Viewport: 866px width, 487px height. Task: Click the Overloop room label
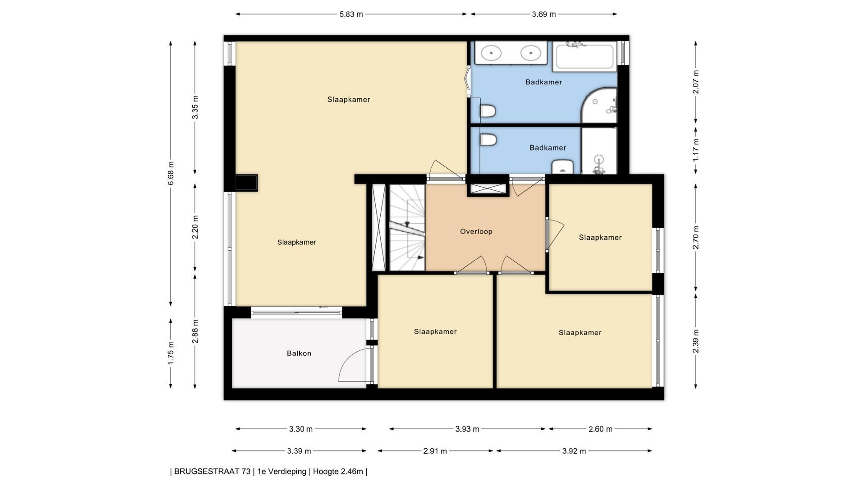(x=476, y=231)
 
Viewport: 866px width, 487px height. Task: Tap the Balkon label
(x=299, y=353)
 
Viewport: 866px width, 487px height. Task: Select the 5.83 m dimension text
(x=351, y=14)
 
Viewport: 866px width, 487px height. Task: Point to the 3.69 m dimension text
(x=544, y=14)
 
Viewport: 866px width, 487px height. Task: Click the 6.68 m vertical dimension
(x=170, y=173)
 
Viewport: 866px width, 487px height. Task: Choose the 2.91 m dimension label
(x=435, y=451)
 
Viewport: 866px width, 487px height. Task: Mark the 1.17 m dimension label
(x=696, y=150)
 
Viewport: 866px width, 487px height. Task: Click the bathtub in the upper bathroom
(x=585, y=56)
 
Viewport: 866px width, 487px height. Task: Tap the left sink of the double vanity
(x=491, y=53)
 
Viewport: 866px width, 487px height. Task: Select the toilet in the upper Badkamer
(x=488, y=110)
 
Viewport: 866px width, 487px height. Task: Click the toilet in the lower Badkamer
(x=488, y=139)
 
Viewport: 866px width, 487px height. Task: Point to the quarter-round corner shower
(x=599, y=106)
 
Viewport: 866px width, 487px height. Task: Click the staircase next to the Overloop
(x=407, y=228)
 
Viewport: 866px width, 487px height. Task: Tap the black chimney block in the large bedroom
(x=246, y=183)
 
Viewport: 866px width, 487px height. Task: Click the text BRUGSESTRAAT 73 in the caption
(x=212, y=472)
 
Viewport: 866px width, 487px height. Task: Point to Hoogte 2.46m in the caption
(x=338, y=472)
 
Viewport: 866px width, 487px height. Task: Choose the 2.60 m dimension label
(x=600, y=429)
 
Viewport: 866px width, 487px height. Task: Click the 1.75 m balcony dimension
(x=170, y=354)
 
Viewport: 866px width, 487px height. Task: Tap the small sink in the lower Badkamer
(x=562, y=166)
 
